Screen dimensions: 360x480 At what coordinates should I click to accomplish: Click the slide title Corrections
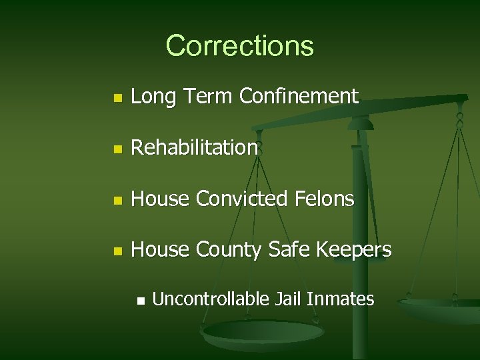point(239,45)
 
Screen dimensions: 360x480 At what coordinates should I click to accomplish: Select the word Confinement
point(299,97)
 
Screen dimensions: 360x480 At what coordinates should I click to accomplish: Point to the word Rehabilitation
point(195,147)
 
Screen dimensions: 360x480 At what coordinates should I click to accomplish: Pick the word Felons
point(326,198)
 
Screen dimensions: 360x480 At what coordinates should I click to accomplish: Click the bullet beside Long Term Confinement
point(117,98)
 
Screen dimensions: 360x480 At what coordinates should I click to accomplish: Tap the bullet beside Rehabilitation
point(117,149)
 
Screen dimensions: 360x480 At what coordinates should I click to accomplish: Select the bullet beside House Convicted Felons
point(117,199)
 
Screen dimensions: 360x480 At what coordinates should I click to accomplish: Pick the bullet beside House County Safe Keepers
point(117,251)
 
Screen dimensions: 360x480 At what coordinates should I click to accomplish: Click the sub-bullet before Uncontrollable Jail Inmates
point(139,301)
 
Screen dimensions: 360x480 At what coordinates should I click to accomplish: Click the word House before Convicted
point(160,198)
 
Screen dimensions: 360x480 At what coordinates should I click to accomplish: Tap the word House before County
point(160,249)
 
